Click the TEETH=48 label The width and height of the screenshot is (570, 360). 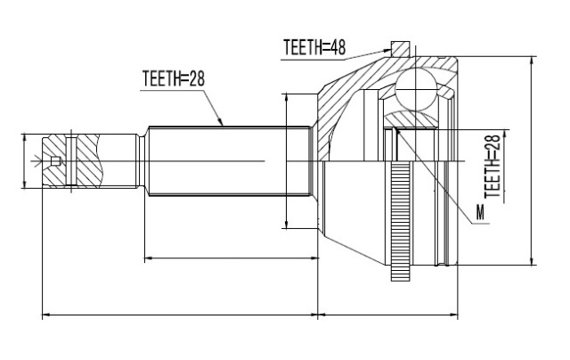[x=314, y=47]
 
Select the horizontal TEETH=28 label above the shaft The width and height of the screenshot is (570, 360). [x=174, y=78]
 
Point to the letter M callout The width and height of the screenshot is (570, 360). [x=481, y=212]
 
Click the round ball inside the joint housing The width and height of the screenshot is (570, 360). [x=416, y=89]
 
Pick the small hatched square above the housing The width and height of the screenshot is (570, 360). [x=400, y=49]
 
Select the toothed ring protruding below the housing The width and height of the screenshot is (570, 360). [x=400, y=221]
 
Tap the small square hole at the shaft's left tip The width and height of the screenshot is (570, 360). [x=55, y=161]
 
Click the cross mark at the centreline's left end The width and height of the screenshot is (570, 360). [x=37, y=161]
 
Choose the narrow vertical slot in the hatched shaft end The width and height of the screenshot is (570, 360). [x=71, y=161]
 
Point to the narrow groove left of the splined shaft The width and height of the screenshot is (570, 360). [x=142, y=161]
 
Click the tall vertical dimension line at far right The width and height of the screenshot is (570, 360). [x=532, y=160]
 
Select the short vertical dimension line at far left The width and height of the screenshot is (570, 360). [x=24, y=161]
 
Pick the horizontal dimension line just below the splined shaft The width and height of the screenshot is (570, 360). [x=232, y=258]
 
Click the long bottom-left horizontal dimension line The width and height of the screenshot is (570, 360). [x=180, y=315]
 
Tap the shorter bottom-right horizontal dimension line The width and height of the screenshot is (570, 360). [x=388, y=315]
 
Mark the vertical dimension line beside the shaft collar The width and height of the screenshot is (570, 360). [x=287, y=160]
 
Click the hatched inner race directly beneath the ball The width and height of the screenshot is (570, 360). [x=411, y=119]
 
